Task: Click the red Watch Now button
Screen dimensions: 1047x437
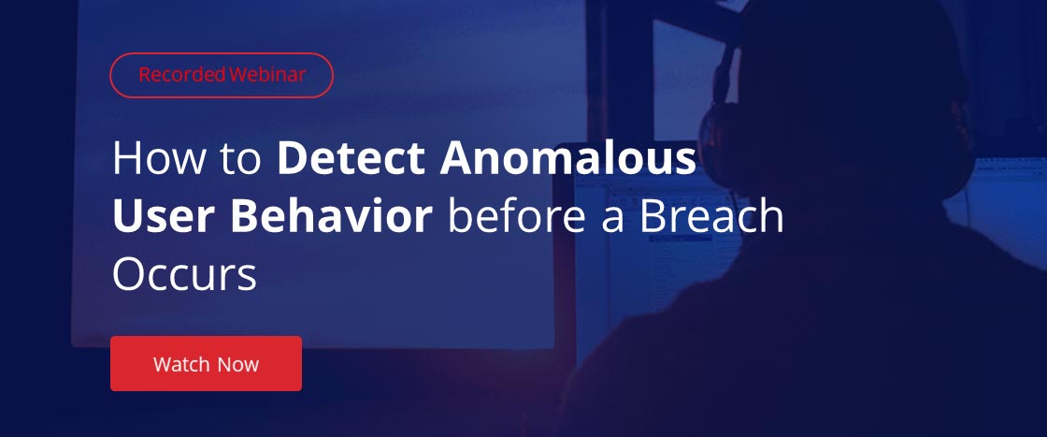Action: [206, 363]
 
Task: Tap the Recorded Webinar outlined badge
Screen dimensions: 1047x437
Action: [222, 75]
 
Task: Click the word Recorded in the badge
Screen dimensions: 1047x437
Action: [182, 75]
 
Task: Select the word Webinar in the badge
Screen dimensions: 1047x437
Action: [267, 75]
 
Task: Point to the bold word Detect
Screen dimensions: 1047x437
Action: [351, 158]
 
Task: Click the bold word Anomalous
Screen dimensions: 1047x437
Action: [568, 158]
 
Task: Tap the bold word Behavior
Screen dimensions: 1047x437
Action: [333, 216]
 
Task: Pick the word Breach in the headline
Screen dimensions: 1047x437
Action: [711, 216]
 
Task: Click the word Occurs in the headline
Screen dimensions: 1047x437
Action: [184, 274]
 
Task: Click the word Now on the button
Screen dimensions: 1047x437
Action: [237, 364]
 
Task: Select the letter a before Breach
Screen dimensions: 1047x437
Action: [610, 220]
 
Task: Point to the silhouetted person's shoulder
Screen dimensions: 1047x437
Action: [667, 321]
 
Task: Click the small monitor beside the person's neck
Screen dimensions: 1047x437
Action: [1001, 200]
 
